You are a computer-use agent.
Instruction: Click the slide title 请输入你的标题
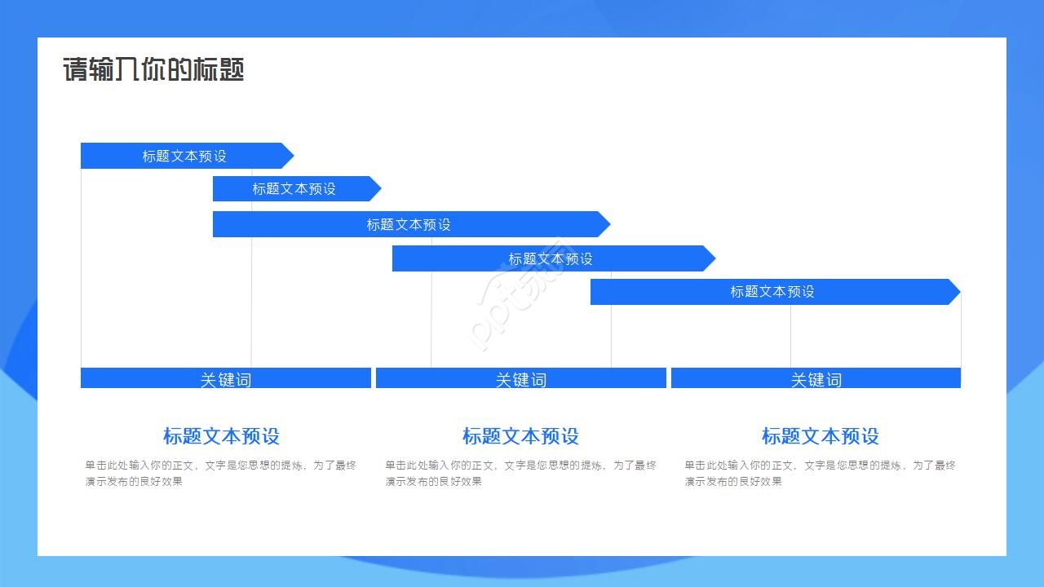tap(153, 70)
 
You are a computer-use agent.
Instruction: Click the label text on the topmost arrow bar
tap(184, 156)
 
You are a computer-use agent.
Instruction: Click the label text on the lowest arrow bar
tap(772, 292)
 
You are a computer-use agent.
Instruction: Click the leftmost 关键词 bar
tap(225, 378)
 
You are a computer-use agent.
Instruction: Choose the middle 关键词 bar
tap(520, 378)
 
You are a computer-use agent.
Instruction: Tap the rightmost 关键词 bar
tap(816, 378)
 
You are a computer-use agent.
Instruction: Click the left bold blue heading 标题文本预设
tap(221, 436)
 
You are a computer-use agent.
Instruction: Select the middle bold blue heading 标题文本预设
tap(520, 436)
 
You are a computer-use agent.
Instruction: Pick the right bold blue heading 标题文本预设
tap(820, 436)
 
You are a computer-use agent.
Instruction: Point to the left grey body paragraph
tap(220, 473)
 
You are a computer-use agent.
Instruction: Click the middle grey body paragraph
tap(520, 473)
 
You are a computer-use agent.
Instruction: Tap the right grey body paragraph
tap(820, 473)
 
